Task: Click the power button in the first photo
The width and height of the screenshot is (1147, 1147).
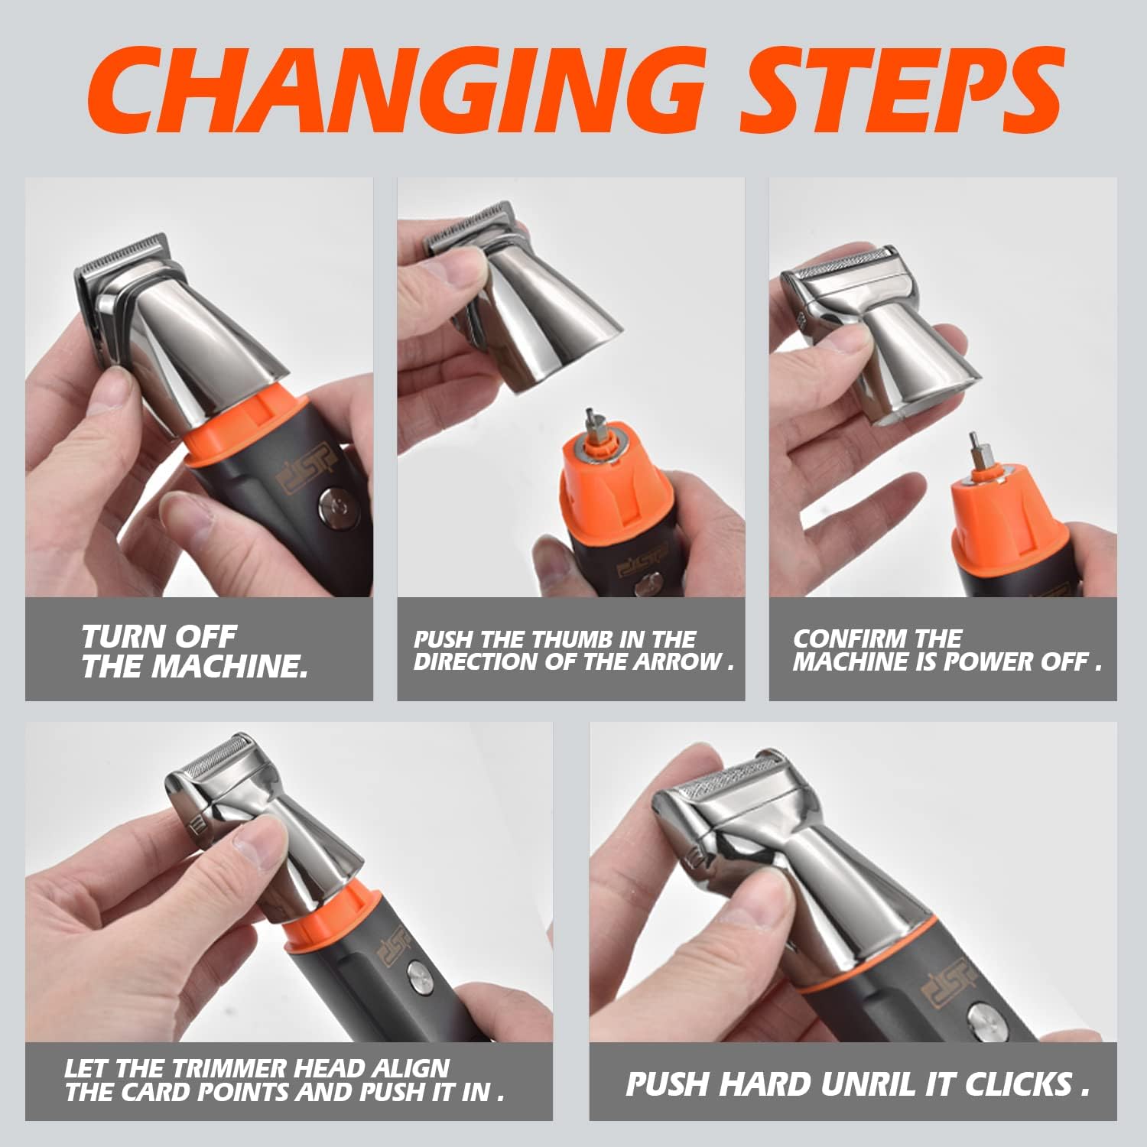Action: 333,507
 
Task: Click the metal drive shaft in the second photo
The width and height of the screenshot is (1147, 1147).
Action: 591,424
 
